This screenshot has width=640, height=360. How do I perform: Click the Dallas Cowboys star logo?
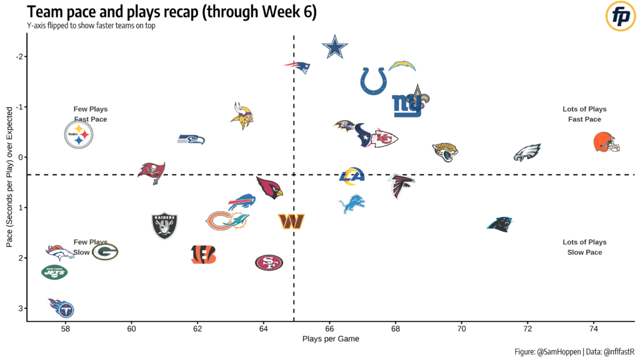pyautogui.click(x=334, y=48)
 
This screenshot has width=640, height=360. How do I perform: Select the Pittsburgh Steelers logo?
pyautogui.click(x=79, y=134)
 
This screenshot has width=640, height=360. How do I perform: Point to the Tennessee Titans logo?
pyautogui.click(x=61, y=307)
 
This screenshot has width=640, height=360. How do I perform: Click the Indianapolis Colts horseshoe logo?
pyautogui.click(x=373, y=81)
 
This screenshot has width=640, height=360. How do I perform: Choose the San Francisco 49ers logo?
pyautogui.click(x=269, y=262)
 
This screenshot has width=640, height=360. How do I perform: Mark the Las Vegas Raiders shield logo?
pyautogui.click(x=165, y=226)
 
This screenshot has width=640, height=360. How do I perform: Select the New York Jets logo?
pyautogui.click(x=54, y=272)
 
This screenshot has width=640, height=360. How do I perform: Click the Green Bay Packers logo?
pyautogui.click(x=105, y=251)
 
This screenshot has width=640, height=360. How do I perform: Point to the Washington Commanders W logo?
pyautogui.click(x=291, y=221)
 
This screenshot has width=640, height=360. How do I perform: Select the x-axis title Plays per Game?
pyautogui.click(x=330, y=339)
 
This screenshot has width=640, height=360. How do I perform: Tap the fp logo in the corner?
pyautogui.click(x=621, y=17)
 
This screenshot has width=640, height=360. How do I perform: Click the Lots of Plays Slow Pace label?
pyautogui.click(x=584, y=247)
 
